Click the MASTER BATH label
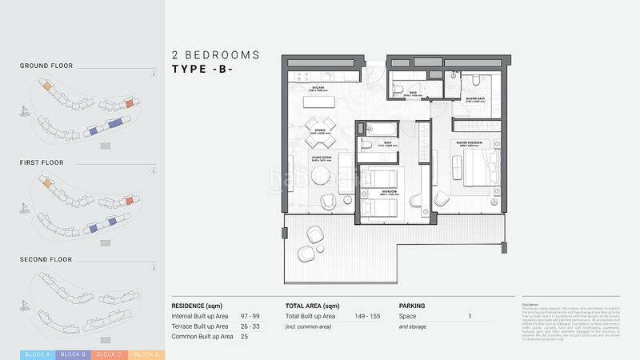pyautogui.click(x=477, y=100)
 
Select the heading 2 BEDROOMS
pyautogui.click(x=216, y=55)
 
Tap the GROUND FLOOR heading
pyautogui.click(x=46, y=66)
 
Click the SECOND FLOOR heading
pyautogui.click(x=46, y=259)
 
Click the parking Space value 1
pyautogui.click(x=470, y=317)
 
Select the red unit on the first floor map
pyautogui.click(x=130, y=200)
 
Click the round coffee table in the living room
pyautogui.click(x=322, y=179)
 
